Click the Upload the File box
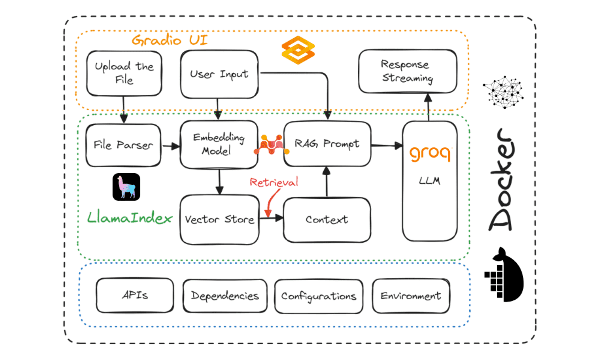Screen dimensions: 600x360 point(124,73)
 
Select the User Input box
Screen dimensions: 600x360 point(219,74)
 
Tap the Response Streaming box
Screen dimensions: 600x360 point(407,71)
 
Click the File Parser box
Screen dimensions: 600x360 point(123,145)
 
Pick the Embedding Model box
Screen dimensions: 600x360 point(219,144)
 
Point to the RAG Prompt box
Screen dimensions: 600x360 point(327,144)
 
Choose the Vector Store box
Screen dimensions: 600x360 point(219,219)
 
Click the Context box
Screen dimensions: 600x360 point(327,220)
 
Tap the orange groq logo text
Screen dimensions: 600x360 point(430,153)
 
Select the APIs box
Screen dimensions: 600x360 point(135,295)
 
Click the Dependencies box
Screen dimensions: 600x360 point(225,296)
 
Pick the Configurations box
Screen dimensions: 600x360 point(319,296)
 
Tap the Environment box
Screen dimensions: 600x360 point(411,296)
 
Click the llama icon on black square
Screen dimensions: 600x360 point(126,187)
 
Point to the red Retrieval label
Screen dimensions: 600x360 point(274,182)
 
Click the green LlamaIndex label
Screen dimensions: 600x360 point(130,218)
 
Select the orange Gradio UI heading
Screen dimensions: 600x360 point(170,40)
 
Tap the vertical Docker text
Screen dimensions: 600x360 point(501,179)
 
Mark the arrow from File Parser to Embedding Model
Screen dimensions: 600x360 point(171,146)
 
